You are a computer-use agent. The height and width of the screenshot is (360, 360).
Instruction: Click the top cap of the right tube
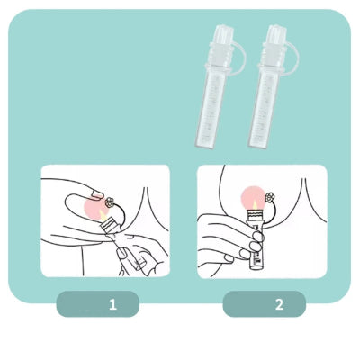(x=272, y=37)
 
